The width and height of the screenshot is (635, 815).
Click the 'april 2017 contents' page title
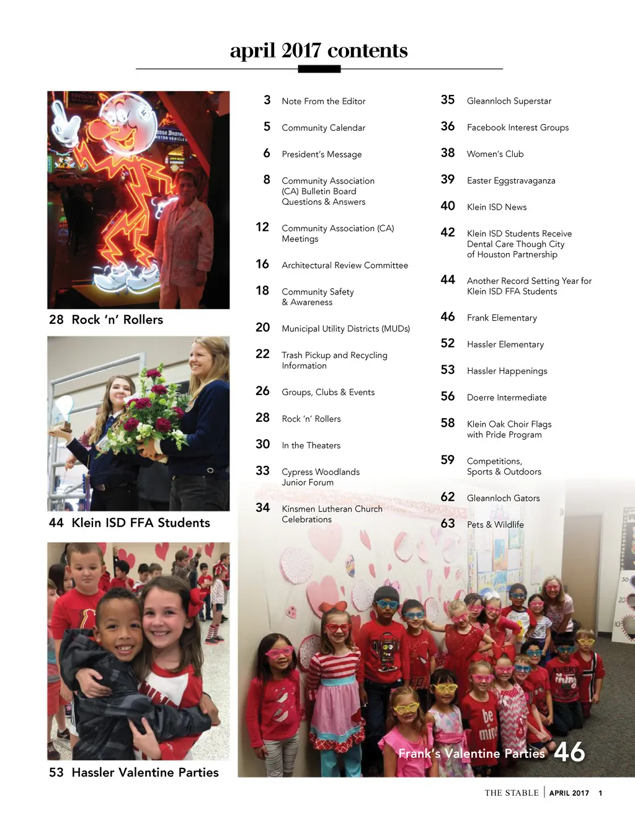coord(319,50)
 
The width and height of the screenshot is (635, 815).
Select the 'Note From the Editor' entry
coord(323,101)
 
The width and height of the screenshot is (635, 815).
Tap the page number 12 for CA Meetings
coord(262,227)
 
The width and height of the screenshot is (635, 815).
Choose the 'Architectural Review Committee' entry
coord(345,265)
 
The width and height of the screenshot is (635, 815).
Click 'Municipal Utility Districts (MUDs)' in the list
coord(345,329)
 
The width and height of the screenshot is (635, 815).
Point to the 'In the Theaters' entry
coord(311,445)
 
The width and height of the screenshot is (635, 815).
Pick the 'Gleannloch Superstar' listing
coord(508,101)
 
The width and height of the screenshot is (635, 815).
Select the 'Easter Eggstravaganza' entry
coord(511,180)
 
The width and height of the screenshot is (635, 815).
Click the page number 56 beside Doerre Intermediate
coord(448,396)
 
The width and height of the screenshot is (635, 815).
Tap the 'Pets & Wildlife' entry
coord(495,525)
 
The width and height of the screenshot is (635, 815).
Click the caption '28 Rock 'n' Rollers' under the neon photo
coord(106,320)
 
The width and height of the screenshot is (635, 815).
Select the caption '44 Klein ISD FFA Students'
coord(129,523)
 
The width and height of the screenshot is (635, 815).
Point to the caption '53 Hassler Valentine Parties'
coord(134,773)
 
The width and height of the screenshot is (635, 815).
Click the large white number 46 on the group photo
coord(569,752)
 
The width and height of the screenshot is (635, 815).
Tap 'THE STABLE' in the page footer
coord(512,793)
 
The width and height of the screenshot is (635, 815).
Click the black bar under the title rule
coord(319,69)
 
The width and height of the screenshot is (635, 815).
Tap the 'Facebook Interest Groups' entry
coord(517,128)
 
